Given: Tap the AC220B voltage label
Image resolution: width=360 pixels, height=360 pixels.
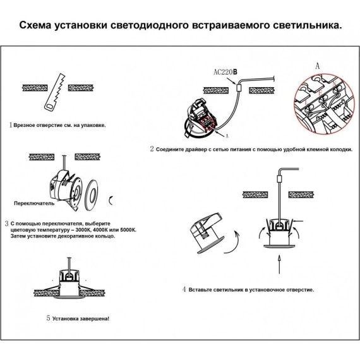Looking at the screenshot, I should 225,72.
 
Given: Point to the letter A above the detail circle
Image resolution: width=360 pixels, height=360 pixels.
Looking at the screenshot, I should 317,65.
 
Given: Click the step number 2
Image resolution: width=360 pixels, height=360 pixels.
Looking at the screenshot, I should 152,150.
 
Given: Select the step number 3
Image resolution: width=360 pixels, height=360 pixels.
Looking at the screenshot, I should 6,224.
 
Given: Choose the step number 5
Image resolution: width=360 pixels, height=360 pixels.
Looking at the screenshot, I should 49,318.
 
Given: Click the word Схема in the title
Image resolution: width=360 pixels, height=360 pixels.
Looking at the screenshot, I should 39,27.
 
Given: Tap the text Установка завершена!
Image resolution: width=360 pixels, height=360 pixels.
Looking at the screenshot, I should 81,318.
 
